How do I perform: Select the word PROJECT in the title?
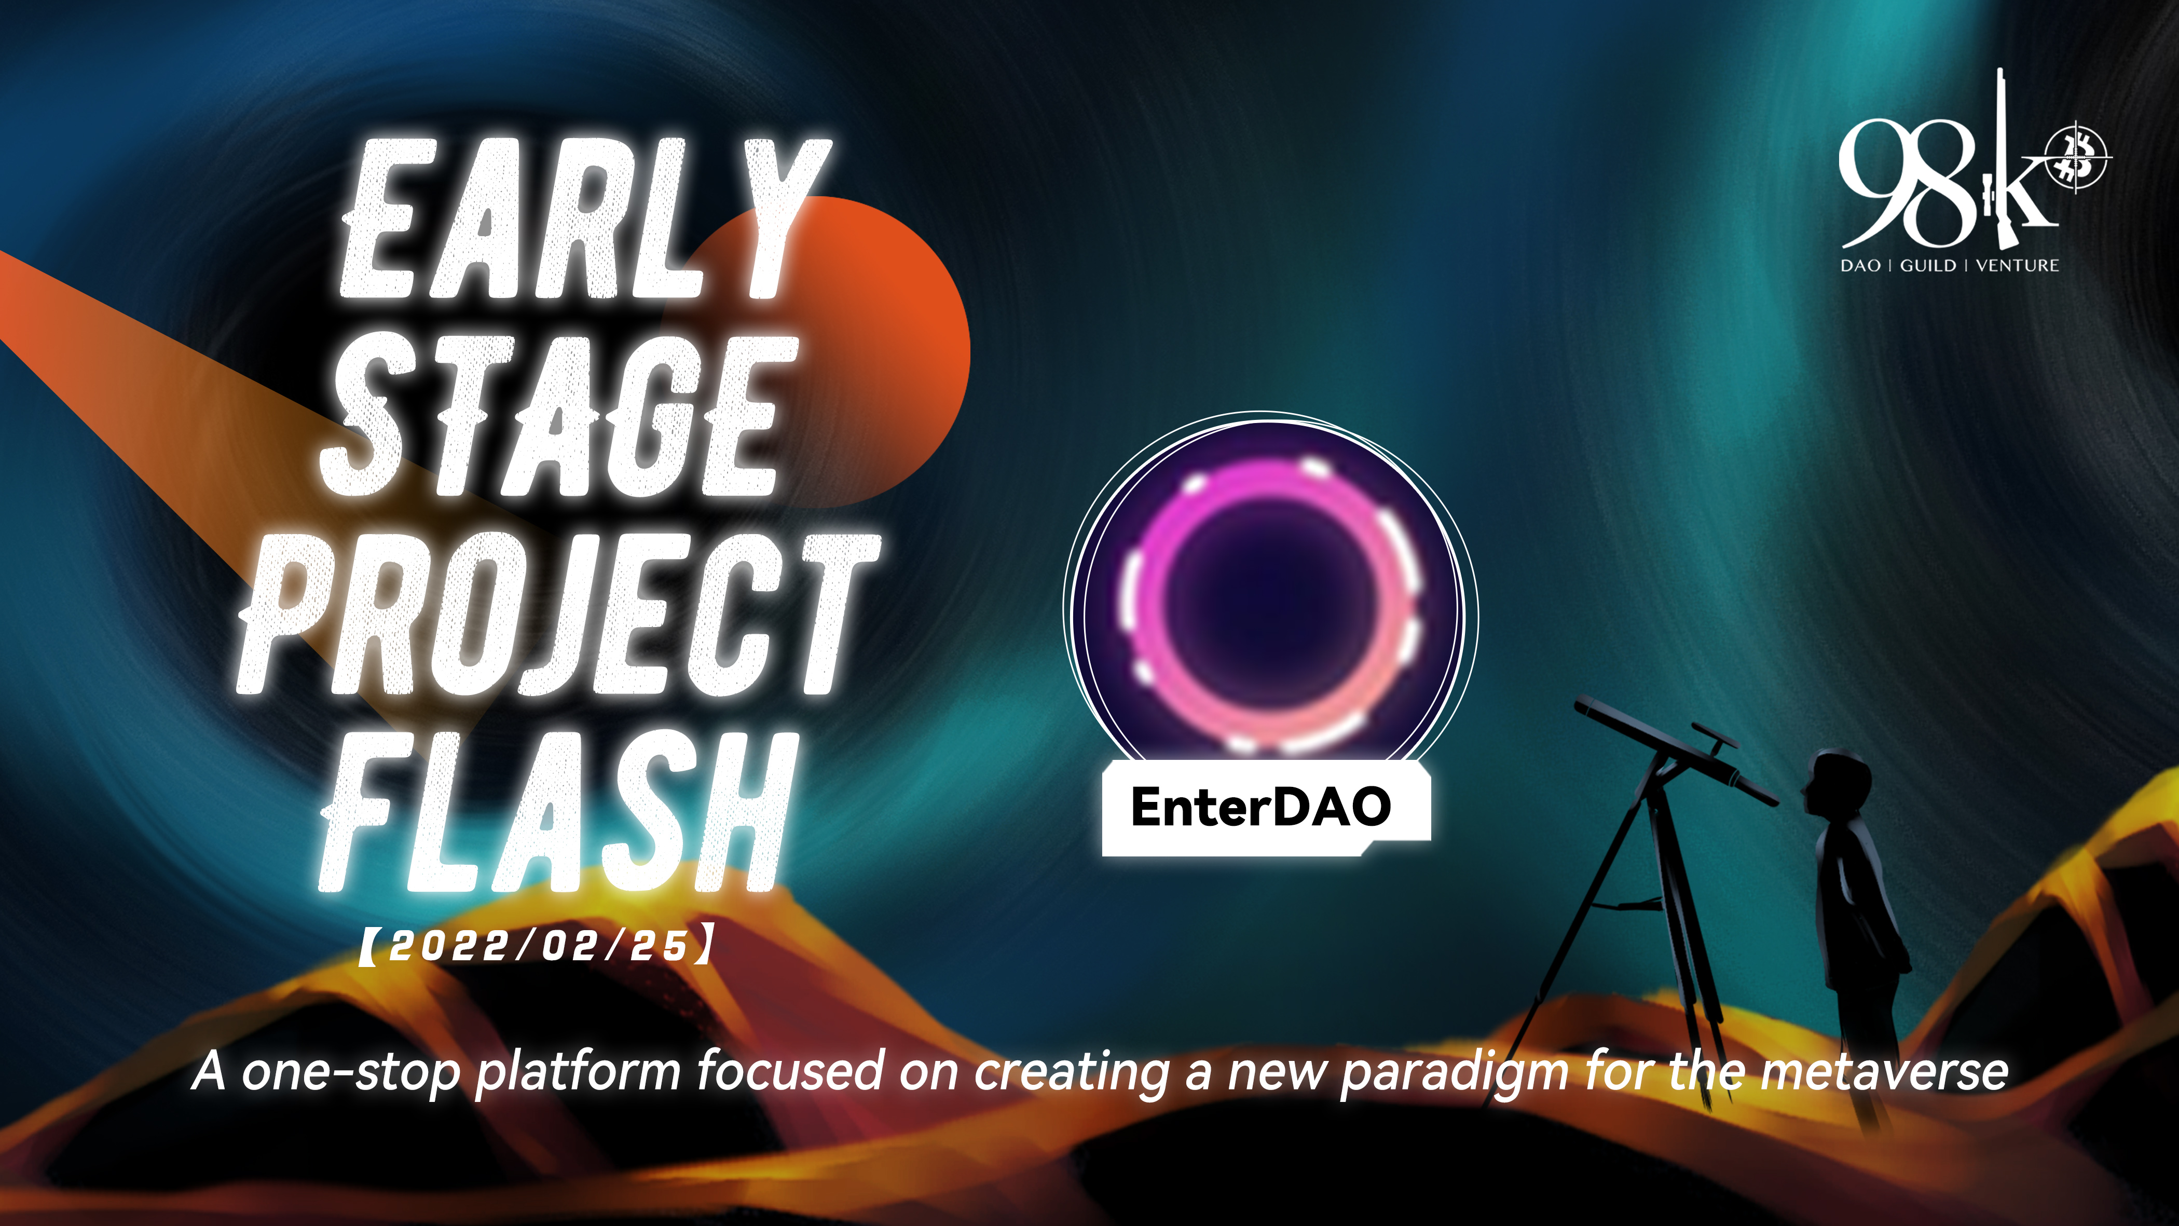coord(558,614)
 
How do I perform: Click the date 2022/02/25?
coord(538,945)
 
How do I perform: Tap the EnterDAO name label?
coord(1261,806)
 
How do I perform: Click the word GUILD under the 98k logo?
coord(1928,265)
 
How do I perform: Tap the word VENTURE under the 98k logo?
coord(2018,265)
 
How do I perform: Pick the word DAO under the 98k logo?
coord(1860,265)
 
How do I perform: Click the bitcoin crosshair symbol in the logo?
coord(2077,158)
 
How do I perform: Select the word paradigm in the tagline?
coord(1455,1073)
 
